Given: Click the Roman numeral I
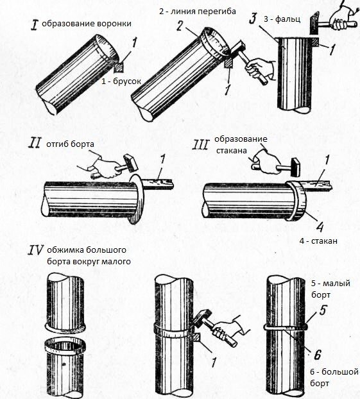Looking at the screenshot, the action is [35, 25].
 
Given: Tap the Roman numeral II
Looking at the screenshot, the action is [35, 143].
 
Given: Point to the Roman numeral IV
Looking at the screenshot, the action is [36, 250].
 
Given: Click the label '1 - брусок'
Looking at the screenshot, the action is [121, 81].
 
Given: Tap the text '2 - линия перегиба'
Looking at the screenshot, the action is [198, 12].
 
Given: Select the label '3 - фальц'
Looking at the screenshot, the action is [282, 19].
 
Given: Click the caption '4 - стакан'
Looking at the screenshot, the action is [318, 241].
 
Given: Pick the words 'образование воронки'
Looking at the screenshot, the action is [87, 24].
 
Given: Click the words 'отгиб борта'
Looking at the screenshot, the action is [70, 144].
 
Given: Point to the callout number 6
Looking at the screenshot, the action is [317, 355].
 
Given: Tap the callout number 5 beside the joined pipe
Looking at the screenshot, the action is [323, 310].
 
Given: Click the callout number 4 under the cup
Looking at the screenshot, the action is [320, 226].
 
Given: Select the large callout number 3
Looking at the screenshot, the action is [253, 19].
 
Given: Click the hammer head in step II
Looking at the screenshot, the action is [130, 162].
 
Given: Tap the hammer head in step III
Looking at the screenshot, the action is [296, 167].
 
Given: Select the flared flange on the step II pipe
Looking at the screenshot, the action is [135, 199].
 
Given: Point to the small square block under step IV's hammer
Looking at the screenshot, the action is [196, 337].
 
